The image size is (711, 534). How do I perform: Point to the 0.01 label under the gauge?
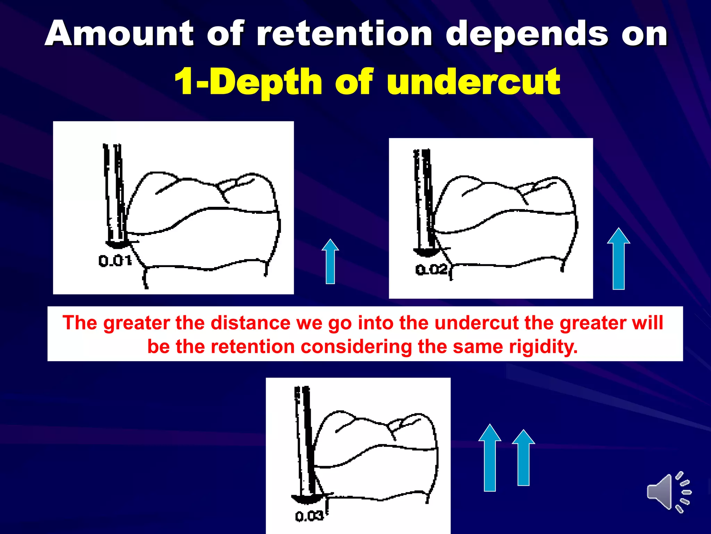coord(115,261)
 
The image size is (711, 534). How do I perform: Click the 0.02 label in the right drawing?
coord(432,269)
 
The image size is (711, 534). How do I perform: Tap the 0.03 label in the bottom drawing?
coord(309,516)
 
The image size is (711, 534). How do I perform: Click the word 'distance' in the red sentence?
coord(250,323)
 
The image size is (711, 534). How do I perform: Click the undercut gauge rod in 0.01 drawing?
coord(115,195)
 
